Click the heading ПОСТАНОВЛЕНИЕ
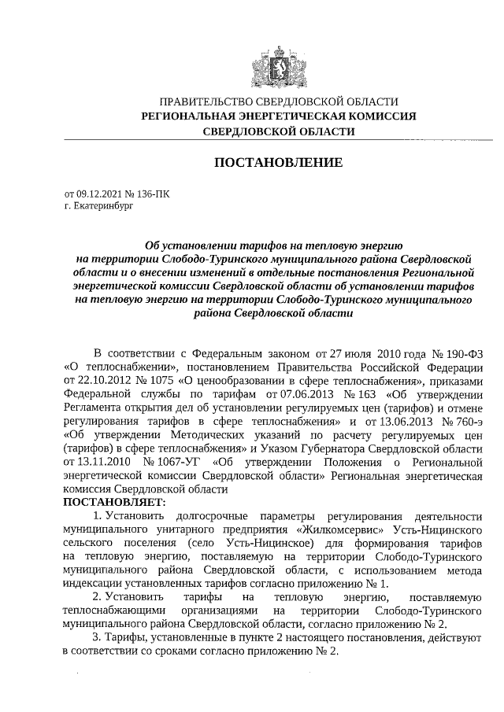point(278,163)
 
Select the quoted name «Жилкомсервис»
point(357,529)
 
